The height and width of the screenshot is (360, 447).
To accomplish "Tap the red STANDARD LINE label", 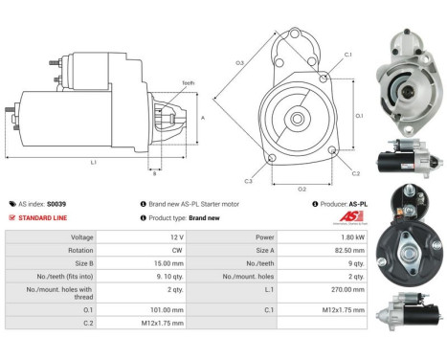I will pyautogui.click(x=46, y=217).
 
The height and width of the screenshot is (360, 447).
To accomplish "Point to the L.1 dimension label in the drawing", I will pyautogui.click(x=93, y=163).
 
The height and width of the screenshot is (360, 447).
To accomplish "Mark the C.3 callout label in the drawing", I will pyautogui.click(x=248, y=180).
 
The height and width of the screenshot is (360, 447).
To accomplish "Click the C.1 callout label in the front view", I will pyautogui.click(x=348, y=55).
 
